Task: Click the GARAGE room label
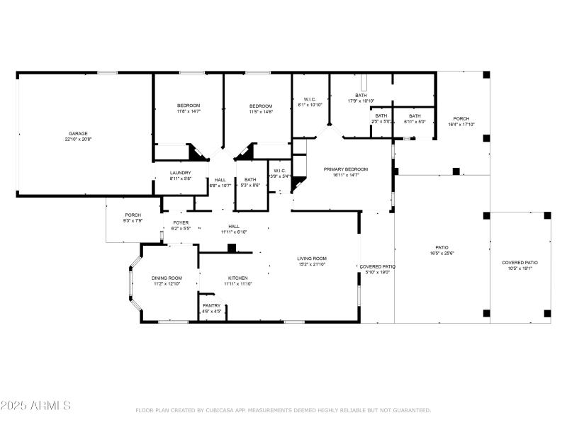pos(78,133)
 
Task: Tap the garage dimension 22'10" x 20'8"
pos(78,140)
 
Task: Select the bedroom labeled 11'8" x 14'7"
pos(189,108)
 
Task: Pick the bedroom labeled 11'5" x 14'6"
pos(261,108)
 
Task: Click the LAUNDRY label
pos(180,173)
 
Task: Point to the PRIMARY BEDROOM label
pos(346,169)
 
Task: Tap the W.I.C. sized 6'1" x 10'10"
pos(310,102)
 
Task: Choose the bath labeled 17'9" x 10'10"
pos(361,98)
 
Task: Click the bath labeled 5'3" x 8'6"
pos(249,183)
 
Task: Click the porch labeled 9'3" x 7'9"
pos(133,217)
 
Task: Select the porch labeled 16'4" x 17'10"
pos(461,121)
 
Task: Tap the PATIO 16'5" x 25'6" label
pos(442,250)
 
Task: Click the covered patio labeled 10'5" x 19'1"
pos(520,266)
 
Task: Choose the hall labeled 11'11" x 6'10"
pos(233,229)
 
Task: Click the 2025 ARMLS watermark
pos(35,406)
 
